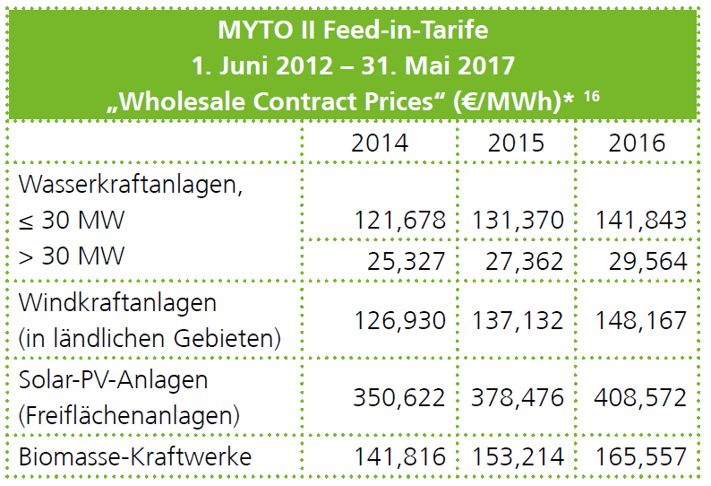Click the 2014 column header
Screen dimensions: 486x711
click(380, 143)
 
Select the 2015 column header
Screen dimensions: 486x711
click(517, 143)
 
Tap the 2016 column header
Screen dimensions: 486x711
click(637, 143)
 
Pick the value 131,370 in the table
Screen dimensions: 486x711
click(514, 221)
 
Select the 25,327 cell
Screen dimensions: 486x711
click(400, 261)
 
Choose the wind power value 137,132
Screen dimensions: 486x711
click(514, 320)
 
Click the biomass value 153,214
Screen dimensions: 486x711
click(514, 456)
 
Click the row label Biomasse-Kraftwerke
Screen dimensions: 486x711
click(135, 456)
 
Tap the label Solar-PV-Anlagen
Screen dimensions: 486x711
click(113, 379)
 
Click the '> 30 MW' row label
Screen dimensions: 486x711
click(73, 256)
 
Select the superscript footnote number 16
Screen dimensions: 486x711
click(592, 93)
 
